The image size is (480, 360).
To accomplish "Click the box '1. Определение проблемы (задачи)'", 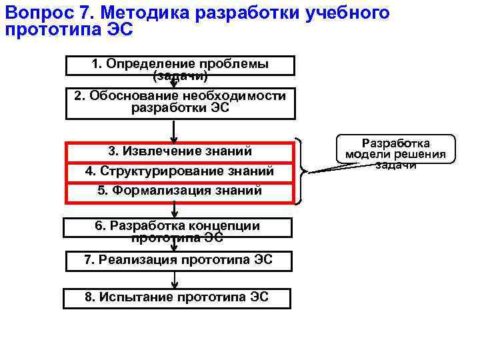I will pyautogui.click(x=179, y=65).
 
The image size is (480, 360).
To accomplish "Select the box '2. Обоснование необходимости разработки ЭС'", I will pyautogui.click(x=179, y=103).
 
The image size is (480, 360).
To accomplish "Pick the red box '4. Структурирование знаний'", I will pyautogui.click(x=179, y=172).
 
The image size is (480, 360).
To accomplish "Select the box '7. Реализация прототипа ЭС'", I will pyautogui.click(x=178, y=261).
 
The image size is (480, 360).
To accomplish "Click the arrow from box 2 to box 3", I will pyautogui.click(x=173, y=131).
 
